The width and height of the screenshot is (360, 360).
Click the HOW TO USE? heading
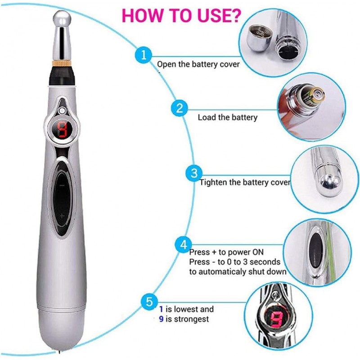click(182, 14)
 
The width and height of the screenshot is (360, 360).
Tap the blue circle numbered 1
click(143, 56)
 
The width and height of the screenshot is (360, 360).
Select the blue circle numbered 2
click(179, 108)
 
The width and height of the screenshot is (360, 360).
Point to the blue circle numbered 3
click(194, 173)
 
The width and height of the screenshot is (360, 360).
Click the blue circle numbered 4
click(183, 245)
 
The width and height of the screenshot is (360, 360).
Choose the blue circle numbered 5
click(149, 301)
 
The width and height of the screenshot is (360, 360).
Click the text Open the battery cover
click(198, 64)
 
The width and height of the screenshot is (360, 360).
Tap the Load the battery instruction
click(228, 117)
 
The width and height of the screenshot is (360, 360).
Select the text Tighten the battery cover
click(245, 183)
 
